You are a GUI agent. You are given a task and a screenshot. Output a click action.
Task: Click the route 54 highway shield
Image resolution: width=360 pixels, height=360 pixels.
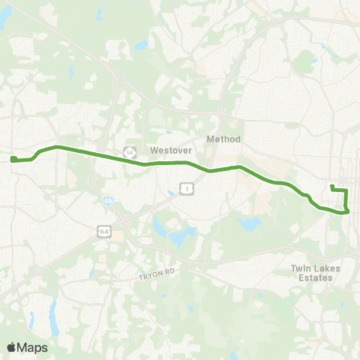(x=129, y=151)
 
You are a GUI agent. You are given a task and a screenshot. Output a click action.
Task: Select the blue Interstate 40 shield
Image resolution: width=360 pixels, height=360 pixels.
(x=107, y=201)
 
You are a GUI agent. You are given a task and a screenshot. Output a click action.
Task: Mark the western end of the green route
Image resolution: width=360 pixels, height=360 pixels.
(x=13, y=158)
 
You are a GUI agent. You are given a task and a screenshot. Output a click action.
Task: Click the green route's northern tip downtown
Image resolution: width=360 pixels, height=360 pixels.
(x=332, y=185)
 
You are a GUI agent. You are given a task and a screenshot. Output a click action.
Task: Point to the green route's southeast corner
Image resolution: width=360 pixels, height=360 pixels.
(x=347, y=211)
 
